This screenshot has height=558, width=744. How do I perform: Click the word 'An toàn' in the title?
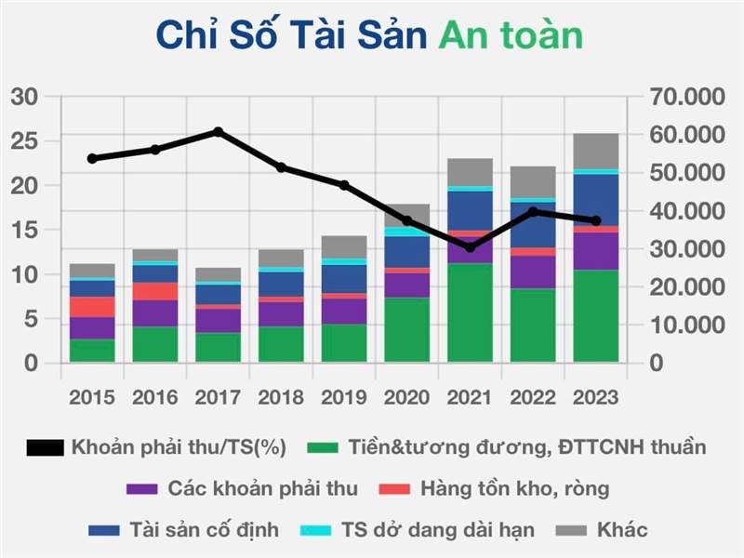point(511,34)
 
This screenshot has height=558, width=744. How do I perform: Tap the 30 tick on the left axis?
point(25,97)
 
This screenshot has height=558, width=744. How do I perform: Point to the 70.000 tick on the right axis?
point(684,97)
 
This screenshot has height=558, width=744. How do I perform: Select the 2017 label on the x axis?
point(217,397)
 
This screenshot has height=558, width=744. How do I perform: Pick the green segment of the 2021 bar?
point(470,312)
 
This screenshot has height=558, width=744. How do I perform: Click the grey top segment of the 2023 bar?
point(596,151)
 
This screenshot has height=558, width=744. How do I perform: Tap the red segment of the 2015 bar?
point(92,307)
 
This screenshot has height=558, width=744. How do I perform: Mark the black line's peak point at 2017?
point(218,132)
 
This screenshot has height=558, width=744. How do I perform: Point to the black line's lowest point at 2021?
point(470,247)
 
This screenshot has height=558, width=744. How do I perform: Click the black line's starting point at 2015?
point(92,158)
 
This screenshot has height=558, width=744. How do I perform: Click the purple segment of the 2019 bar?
point(343,311)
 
